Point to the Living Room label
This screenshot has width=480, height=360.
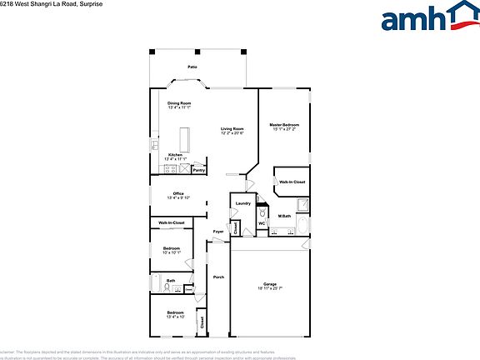pos(232,128)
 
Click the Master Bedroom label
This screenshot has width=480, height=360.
pos(284,124)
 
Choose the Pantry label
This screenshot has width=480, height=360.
pos(199,170)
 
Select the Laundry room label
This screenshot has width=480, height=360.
pos(243,203)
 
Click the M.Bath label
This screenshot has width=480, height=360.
pos(284,217)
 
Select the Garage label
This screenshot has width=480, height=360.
pos(270,284)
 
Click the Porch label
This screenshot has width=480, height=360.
pos(218,277)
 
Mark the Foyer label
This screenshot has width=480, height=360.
pos(218,231)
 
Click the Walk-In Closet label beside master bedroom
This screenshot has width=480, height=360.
pos(292,182)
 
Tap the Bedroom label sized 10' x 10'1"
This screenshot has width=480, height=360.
pos(172,248)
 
